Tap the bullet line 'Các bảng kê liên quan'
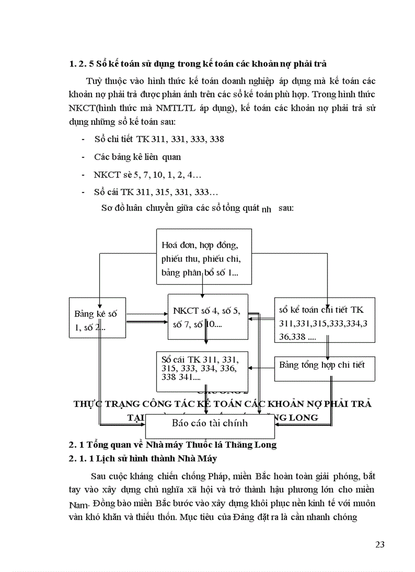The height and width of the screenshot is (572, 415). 137,157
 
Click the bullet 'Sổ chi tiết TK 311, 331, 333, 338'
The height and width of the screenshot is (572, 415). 159,139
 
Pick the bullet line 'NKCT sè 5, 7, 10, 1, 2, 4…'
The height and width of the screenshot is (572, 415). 147,175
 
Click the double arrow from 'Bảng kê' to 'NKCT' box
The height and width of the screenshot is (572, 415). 146,319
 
